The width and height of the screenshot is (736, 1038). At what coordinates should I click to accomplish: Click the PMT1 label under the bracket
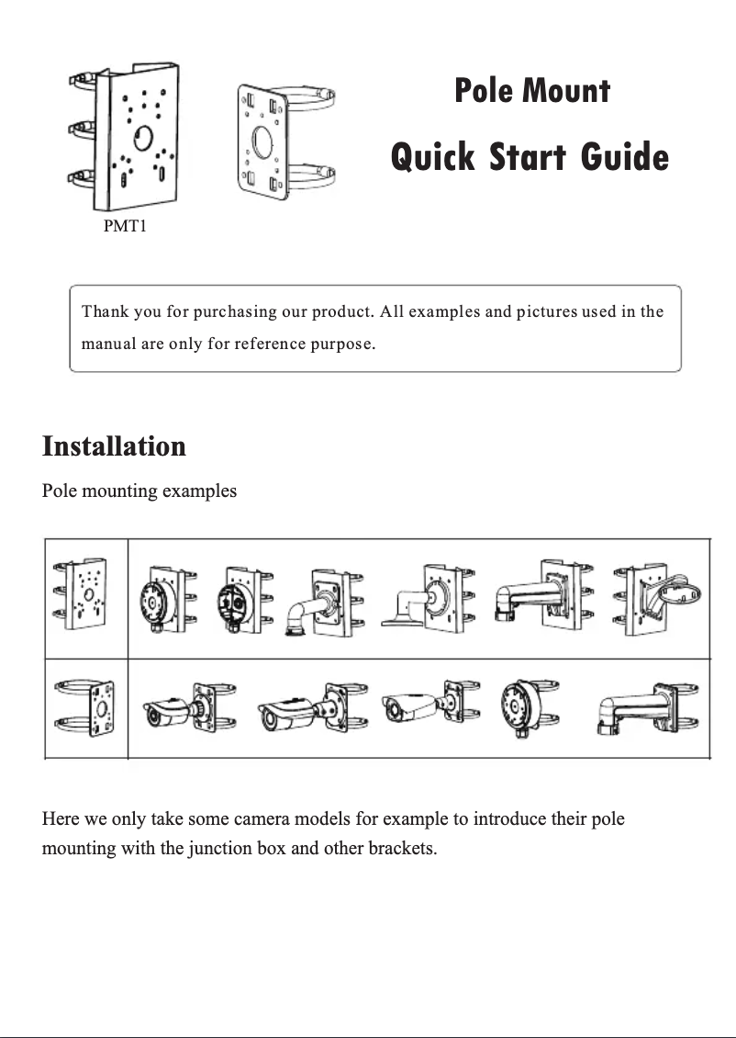pos(124,226)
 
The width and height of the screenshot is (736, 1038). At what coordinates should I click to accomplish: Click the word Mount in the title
pos(565,91)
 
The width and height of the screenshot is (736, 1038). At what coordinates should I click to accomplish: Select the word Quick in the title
pos(433,156)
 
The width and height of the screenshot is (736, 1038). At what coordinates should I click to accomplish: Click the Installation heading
pos(114,446)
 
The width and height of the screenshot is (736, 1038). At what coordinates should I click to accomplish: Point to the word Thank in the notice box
pos(105,311)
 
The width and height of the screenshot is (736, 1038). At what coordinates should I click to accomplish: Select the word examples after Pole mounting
pos(199,491)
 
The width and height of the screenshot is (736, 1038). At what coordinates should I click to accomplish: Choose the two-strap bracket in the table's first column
pos(86,708)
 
